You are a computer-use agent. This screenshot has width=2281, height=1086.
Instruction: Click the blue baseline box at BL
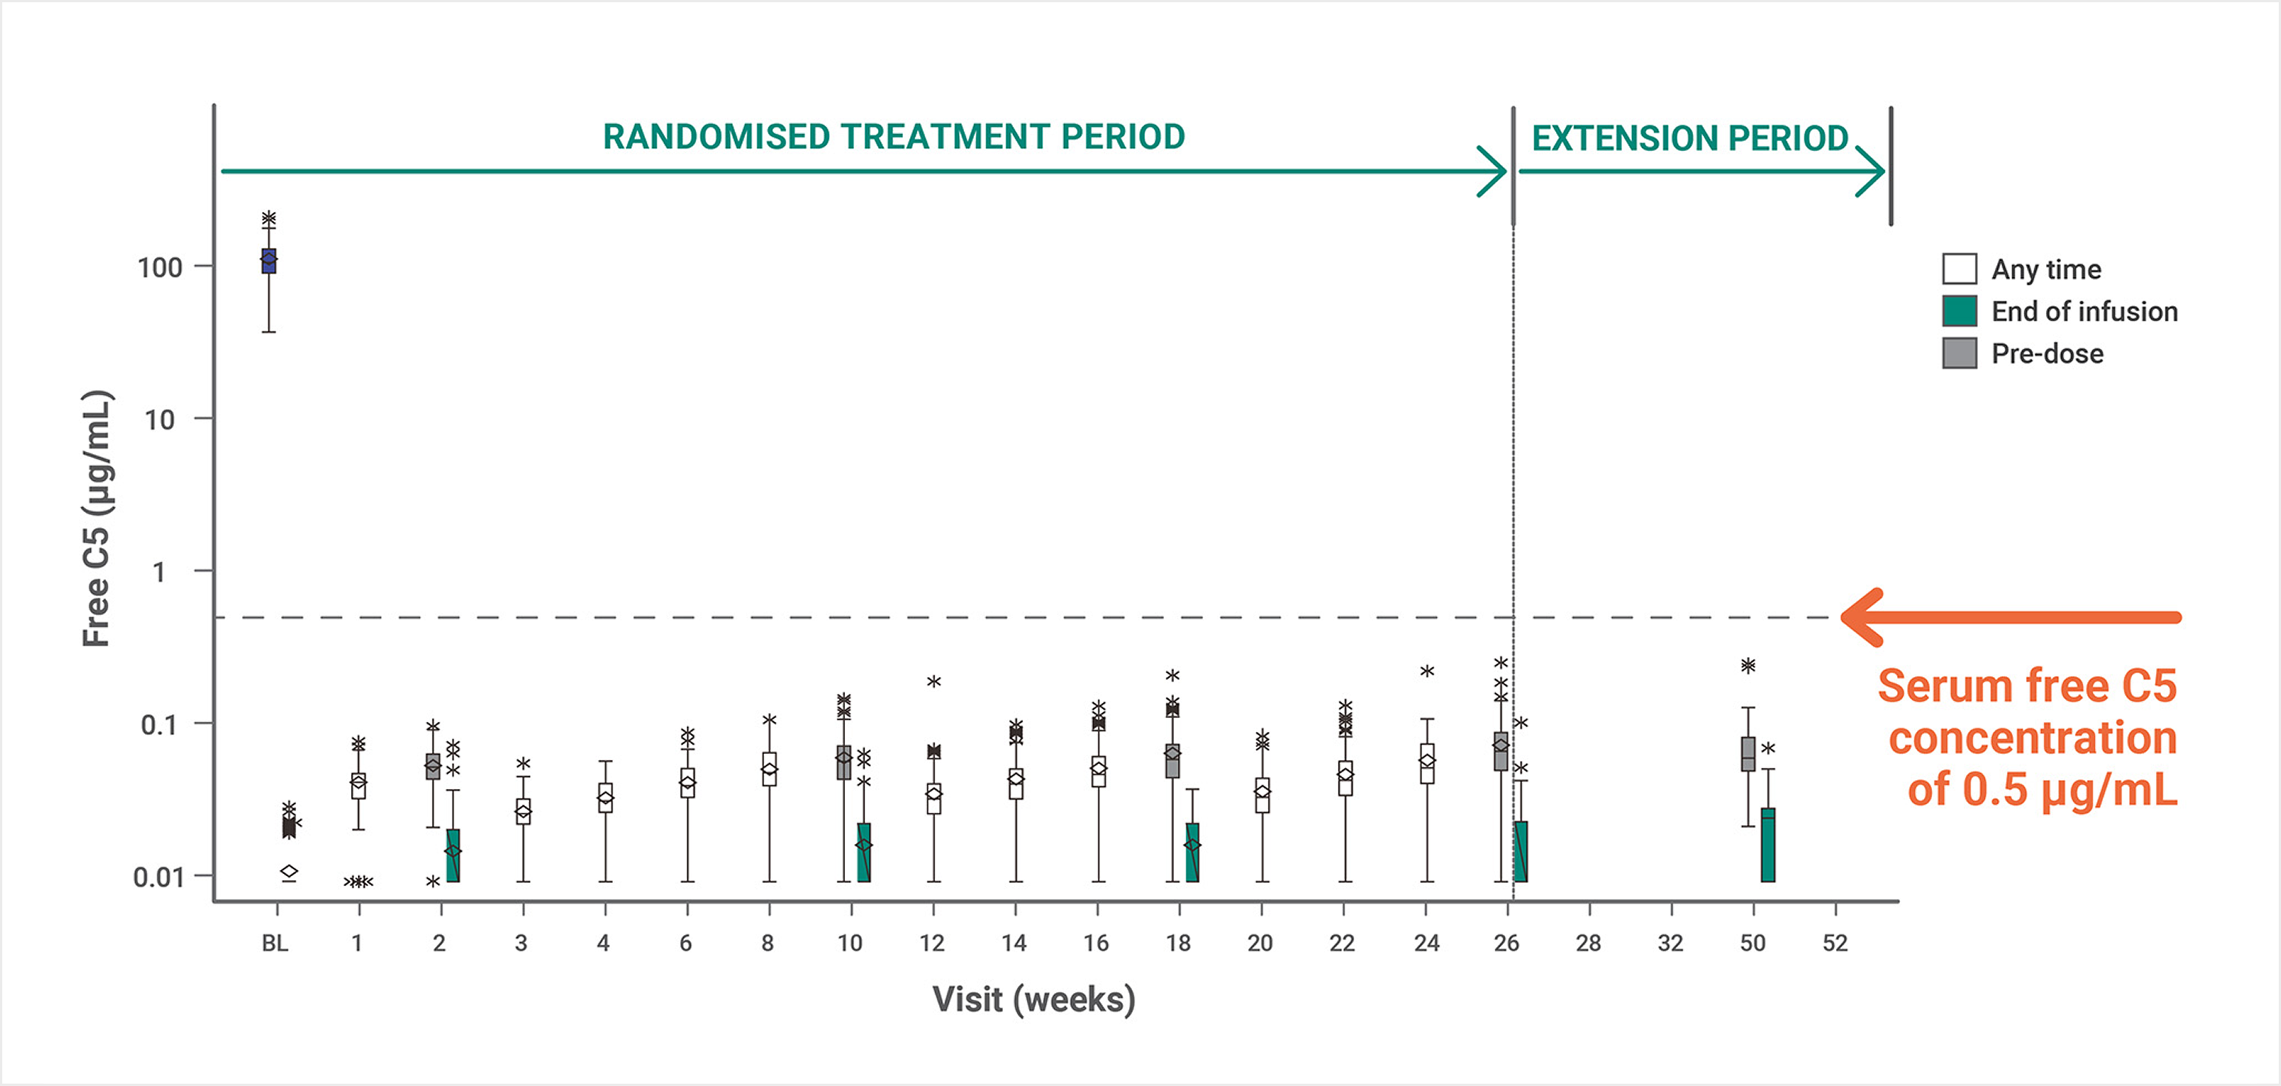coord(268,261)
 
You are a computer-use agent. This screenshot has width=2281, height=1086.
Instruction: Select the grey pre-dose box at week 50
coord(1748,754)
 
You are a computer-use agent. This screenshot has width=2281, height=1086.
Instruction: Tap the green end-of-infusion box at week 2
coord(453,855)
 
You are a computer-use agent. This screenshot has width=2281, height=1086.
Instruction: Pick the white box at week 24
coord(1427,763)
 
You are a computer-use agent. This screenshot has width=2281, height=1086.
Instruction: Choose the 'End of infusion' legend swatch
coord(1960,311)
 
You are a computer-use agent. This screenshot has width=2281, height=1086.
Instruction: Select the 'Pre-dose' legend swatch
coord(1960,353)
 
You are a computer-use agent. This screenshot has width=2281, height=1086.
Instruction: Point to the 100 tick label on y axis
coord(160,267)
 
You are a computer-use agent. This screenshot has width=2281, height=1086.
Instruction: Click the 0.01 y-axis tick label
coord(159,877)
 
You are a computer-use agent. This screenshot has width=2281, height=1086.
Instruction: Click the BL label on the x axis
coord(275,943)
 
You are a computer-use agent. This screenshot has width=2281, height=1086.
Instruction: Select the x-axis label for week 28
coord(1589,943)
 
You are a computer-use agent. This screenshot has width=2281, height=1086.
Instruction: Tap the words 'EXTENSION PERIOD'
coord(1690,138)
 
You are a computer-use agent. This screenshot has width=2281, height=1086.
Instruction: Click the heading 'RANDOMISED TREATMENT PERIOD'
coord(893,137)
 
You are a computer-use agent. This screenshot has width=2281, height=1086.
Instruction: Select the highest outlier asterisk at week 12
coord(934,682)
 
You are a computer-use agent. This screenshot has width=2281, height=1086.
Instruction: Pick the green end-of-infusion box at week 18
coord(1192,852)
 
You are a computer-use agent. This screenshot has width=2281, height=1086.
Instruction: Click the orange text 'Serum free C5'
coord(2027,686)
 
